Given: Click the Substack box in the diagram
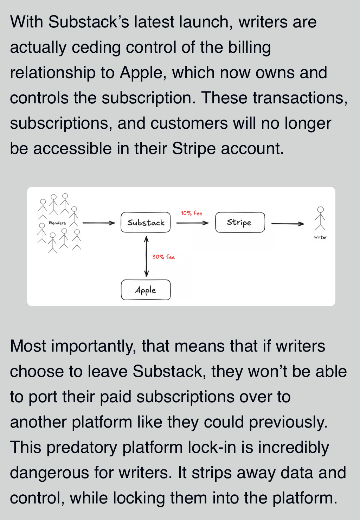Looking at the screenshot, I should click(146, 222).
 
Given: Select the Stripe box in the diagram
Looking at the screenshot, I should click(240, 222).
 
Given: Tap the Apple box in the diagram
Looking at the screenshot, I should click(146, 290).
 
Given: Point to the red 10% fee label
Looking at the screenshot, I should click(192, 213).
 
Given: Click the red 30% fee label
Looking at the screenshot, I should click(163, 257).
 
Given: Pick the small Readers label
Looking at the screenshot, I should click(57, 223).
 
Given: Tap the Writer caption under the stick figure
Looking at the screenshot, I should click(320, 237).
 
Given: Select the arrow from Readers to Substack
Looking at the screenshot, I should click(98, 223).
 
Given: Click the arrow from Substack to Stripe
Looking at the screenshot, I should click(192, 223).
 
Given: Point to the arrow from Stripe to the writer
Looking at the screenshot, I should click(288, 224).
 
